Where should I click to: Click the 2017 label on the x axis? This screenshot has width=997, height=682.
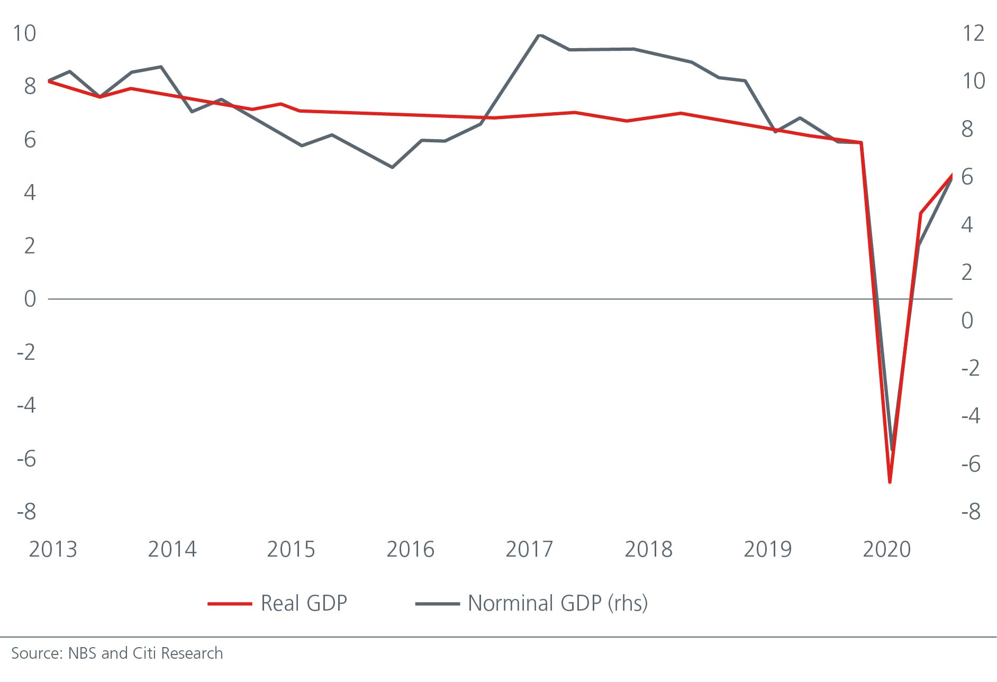[x=529, y=550]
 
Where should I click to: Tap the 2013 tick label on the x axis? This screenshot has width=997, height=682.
[x=52, y=550]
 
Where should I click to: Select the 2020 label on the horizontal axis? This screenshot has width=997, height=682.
[x=886, y=550]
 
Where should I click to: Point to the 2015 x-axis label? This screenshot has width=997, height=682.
[x=291, y=550]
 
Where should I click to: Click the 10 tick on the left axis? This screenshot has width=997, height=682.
[x=24, y=33]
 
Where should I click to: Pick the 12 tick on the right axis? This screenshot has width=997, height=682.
[x=973, y=33]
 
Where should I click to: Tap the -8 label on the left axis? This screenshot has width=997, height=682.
[x=26, y=512]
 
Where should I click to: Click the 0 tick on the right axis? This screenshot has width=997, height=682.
[x=967, y=320]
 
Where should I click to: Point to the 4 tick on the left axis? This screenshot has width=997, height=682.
[x=30, y=193]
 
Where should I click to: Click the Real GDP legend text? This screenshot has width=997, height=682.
[x=304, y=603]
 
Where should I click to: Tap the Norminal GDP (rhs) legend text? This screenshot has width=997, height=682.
[x=557, y=603]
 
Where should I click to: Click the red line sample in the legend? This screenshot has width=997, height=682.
[x=229, y=604]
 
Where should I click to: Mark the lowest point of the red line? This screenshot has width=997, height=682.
[x=890, y=482]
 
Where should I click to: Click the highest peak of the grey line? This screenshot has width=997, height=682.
[x=539, y=35]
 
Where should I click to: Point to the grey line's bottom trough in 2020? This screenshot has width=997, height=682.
[x=892, y=450]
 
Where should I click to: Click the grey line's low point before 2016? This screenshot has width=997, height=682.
[x=392, y=167]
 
